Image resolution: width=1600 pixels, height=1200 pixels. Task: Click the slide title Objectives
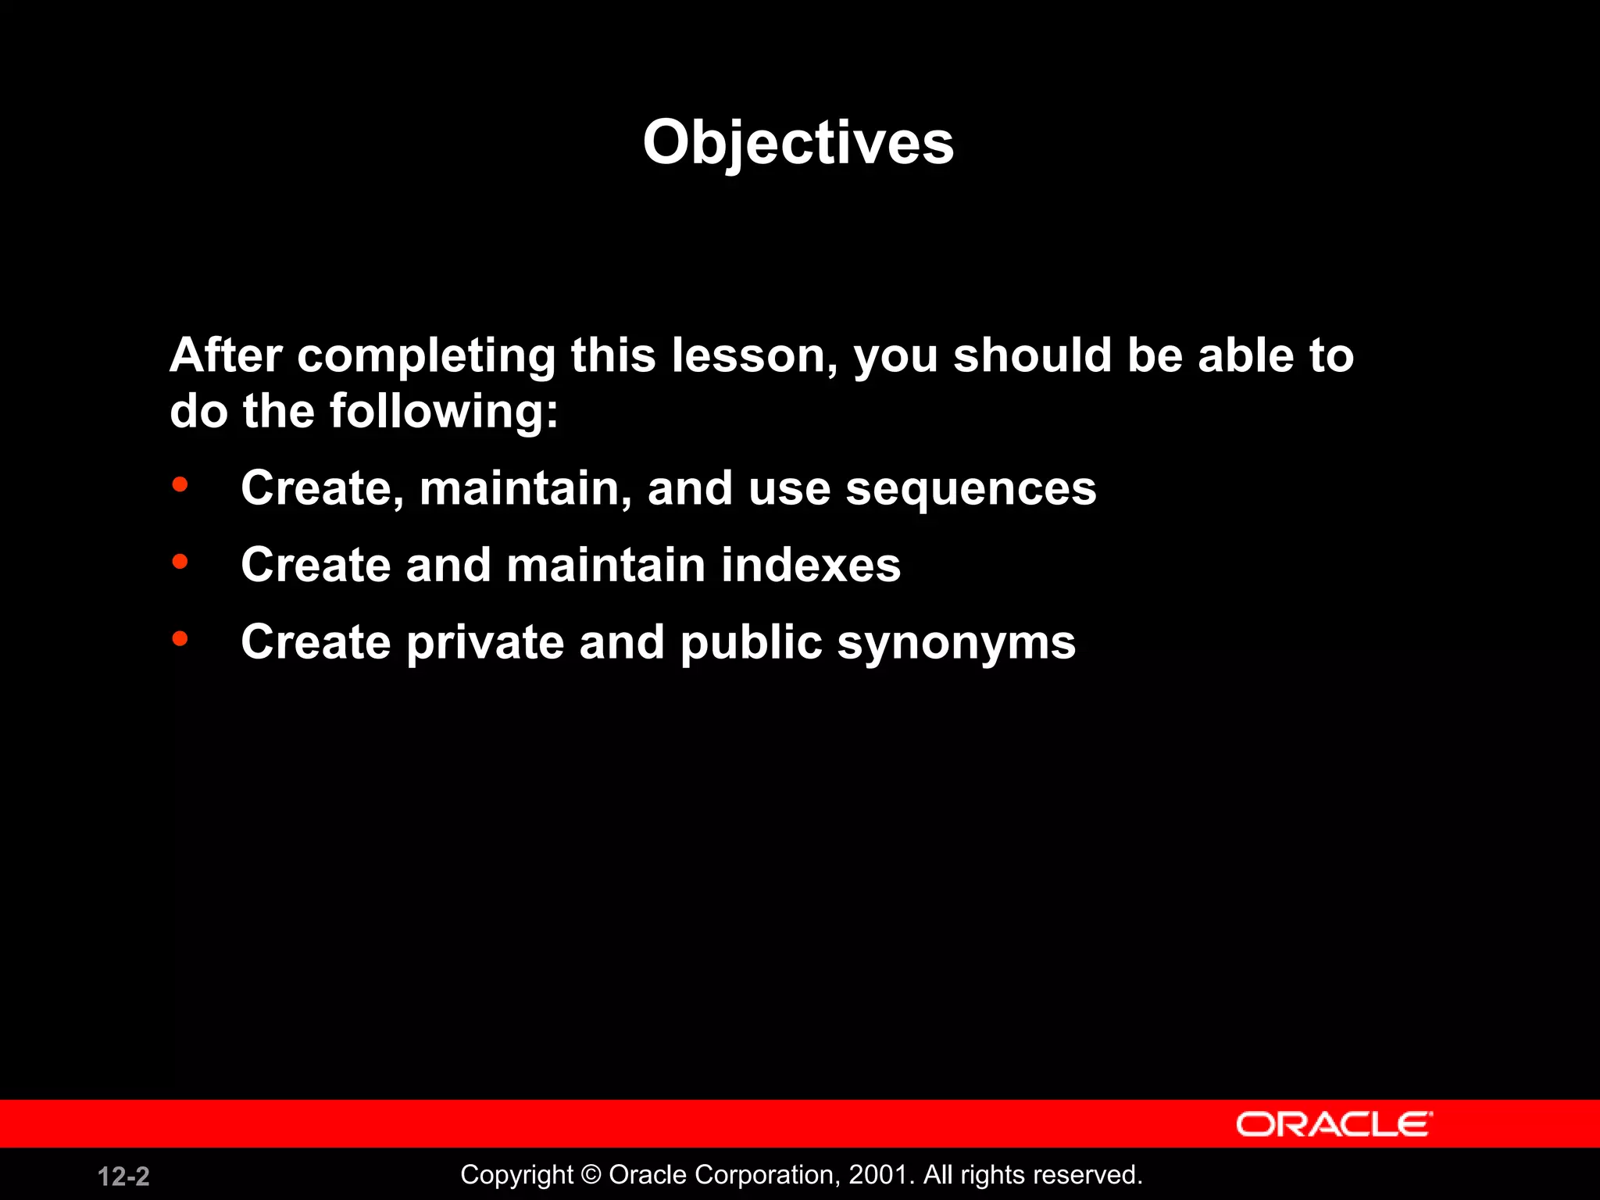click(x=798, y=143)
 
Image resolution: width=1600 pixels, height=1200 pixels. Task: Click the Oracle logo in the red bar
click(x=1334, y=1124)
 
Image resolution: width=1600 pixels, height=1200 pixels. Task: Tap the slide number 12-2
click(x=123, y=1177)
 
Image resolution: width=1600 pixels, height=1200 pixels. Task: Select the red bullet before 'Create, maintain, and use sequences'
click(x=180, y=485)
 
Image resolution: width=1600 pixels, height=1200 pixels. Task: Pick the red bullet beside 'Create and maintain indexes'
click(x=180, y=562)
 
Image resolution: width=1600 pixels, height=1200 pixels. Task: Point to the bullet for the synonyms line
click(x=180, y=639)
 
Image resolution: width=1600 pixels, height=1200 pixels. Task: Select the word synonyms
click(x=956, y=644)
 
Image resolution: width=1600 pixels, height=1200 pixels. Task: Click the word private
click(x=484, y=642)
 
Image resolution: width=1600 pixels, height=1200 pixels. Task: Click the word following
click(x=442, y=412)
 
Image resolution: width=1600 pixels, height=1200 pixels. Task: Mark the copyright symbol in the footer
click(x=591, y=1175)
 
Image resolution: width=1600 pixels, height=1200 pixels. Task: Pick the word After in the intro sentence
click(x=225, y=355)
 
